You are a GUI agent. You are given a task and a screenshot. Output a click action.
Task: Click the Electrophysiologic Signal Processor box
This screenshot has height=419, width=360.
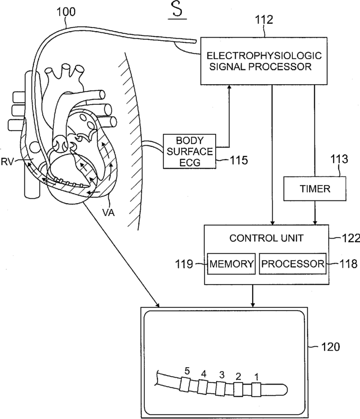[264, 61]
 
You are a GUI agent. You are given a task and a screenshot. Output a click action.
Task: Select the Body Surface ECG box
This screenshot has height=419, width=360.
[190, 151]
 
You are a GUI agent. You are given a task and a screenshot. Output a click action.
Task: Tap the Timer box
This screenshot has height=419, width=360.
[315, 189]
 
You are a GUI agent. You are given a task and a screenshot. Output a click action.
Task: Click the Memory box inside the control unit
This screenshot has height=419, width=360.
[231, 264]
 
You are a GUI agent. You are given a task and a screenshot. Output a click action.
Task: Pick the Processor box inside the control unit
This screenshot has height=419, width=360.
[293, 264]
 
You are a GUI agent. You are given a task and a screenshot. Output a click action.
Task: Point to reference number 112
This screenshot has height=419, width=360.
[264, 20]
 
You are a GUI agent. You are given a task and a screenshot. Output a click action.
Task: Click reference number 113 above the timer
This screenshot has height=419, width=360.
[339, 159]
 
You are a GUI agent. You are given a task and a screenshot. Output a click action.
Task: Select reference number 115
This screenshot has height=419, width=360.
[239, 160]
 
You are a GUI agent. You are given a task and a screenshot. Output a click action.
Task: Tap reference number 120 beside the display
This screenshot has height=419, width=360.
[330, 347]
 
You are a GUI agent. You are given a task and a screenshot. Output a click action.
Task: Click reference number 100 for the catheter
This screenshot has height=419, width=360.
[66, 12]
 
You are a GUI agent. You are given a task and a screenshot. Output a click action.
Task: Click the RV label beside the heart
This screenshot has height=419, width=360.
[7, 162]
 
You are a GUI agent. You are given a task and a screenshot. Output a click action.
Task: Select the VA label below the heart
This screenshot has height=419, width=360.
[108, 213]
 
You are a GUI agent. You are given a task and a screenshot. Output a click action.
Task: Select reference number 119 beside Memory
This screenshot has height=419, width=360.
[184, 264]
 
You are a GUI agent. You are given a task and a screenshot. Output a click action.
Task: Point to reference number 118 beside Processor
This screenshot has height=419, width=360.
[348, 264]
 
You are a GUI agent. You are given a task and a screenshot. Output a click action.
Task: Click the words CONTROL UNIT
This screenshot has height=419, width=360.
[266, 238]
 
